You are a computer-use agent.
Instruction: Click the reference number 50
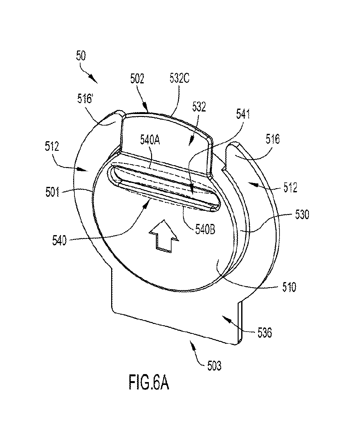tap(81, 56)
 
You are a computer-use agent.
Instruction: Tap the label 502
tap(137, 79)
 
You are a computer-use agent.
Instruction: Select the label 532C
tap(179, 79)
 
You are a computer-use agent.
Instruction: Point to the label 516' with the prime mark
tap(85, 98)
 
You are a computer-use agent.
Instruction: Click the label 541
tap(243, 114)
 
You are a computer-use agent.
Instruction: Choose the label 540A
tap(150, 141)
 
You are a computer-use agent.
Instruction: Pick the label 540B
tap(205, 230)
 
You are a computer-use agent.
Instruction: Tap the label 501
tap(52, 192)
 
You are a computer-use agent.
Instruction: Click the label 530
tap(302, 214)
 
